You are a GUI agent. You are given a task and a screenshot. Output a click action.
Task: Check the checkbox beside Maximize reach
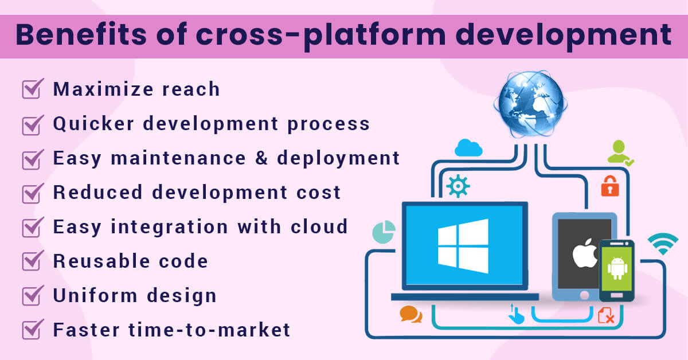click(x=32, y=89)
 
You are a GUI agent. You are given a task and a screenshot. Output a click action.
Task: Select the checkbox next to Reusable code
click(x=32, y=261)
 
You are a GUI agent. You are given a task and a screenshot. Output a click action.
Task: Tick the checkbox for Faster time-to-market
click(x=32, y=330)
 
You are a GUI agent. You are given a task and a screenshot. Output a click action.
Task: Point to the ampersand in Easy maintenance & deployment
click(x=261, y=158)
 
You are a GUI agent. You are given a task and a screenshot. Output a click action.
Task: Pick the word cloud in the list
click(x=321, y=227)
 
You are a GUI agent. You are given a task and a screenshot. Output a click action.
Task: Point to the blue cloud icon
click(x=468, y=148)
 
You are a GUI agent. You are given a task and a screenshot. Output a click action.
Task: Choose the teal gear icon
click(x=458, y=187)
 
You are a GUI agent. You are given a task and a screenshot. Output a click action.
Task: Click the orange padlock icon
click(x=609, y=186)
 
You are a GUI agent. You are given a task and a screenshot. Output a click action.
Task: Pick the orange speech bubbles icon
click(x=411, y=314)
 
